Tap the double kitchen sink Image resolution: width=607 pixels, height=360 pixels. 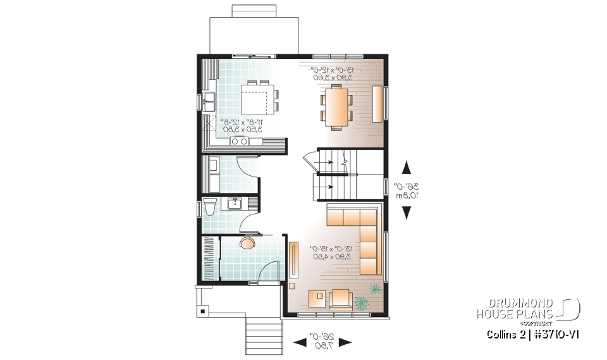[x=209, y=100]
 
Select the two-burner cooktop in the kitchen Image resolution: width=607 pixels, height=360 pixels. [x=240, y=141]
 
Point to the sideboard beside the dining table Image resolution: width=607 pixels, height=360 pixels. [x=377, y=103]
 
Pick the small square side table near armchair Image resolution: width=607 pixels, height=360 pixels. [x=317, y=297]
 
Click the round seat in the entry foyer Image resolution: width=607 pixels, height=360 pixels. [x=247, y=244]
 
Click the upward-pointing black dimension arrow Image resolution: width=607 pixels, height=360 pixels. [x=406, y=168]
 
